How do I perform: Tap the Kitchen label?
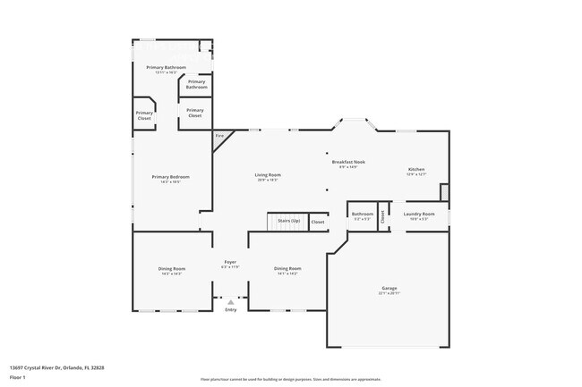[x=417, y=170]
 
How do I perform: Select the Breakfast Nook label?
[x=348, y=163]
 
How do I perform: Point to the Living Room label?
[x=268, y=175]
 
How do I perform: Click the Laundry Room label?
[x=419, y=215]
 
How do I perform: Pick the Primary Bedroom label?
[x=170, y=177]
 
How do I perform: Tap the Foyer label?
[x=230, y=263]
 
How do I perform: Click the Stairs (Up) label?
[x=289, y=220]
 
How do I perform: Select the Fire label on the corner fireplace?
[x=219, y=136]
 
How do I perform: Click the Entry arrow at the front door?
[x=230, y=302]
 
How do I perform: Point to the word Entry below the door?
[x=230, y=309]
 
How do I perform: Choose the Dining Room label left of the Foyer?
[x=173, y=269]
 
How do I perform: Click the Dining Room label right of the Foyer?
[x=287, y=269]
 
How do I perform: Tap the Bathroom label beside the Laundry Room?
[x=363, y=215]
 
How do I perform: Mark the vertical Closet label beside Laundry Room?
[x=383, y=215]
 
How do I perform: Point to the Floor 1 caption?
[x=18, y=378]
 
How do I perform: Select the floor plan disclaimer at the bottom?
[x=290, y=379]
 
